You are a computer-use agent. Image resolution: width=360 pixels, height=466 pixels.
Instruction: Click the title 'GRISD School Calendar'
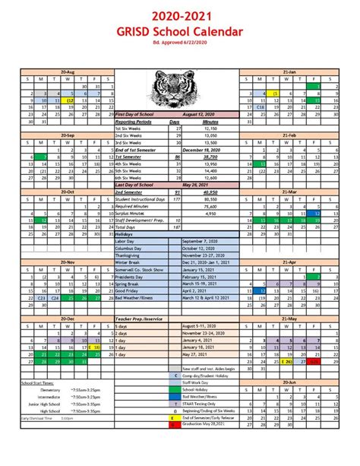click(x=179, y=31)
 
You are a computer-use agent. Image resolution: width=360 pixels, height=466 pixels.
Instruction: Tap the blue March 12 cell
click(x=316, y=214)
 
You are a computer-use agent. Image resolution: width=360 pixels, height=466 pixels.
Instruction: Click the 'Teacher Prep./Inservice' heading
click(x=139, y=318)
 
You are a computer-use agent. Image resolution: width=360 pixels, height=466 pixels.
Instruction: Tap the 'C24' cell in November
click(x=56, y=297)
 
